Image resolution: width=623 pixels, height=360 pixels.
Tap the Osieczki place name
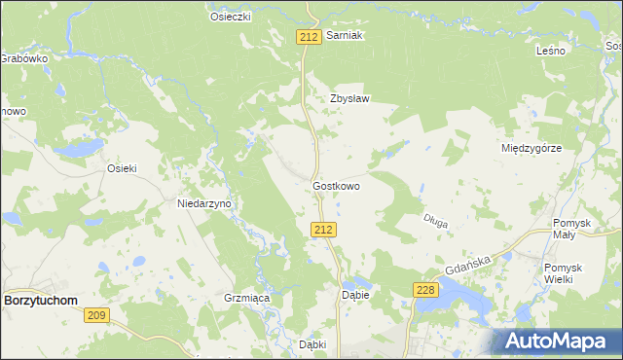coord(232,17)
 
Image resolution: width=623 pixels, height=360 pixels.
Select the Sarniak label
coord(345,35)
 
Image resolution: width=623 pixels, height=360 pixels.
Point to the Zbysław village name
coord(350,98)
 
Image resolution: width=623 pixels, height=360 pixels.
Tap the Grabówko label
coord(23,58)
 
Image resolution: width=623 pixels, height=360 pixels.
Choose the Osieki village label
coord(122,167)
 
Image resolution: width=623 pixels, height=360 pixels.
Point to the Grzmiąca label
coord(245,298)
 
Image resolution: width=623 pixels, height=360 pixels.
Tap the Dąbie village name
coord(354,294)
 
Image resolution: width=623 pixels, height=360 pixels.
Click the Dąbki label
coord(312,344)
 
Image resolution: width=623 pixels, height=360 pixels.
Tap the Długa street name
coord(435,222)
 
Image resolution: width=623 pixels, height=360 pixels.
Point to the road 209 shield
coord(95,314)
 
